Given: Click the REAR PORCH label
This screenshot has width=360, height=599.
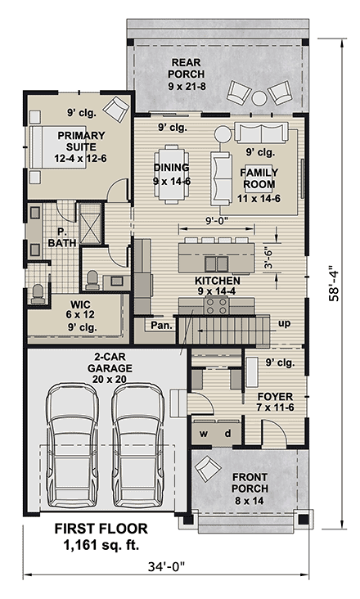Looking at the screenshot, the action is tap(187, 68).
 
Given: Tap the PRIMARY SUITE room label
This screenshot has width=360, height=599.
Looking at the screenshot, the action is tap(81, 142).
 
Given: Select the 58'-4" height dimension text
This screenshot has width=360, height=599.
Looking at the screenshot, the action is tap(334, 283).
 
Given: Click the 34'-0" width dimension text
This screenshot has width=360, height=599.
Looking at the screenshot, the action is tap(166, 566).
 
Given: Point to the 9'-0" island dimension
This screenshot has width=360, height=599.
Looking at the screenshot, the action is tap(217, 220).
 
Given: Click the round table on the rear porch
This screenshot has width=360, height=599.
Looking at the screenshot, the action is tap(259, 98).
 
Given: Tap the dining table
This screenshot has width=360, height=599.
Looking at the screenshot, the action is tap(172, 174).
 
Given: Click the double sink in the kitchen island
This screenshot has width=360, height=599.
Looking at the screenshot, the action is tap(217, 263).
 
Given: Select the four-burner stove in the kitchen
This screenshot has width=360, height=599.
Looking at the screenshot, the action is tap(217, 305).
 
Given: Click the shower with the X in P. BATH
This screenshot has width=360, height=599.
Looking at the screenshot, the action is tap(90, 224).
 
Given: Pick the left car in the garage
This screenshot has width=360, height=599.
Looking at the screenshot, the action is tap(72, 445).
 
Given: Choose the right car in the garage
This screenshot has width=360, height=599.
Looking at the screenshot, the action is tap(137, 445).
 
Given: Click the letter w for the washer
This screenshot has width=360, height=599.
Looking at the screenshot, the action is tap(204, 434).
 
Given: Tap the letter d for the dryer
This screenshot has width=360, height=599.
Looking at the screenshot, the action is tap(227, 433).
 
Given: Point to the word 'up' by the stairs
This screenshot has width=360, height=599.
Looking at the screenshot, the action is tap(284, 324).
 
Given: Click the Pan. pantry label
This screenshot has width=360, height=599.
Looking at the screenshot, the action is tap(161, 326).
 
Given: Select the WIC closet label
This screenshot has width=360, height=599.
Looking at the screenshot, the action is tap(80, 304).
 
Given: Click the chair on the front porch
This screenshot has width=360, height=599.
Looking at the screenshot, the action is tap(207, 468).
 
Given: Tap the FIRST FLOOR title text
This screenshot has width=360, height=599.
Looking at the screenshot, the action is tap(101, 529).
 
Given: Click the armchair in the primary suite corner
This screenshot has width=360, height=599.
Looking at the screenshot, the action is tap(116, 110).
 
